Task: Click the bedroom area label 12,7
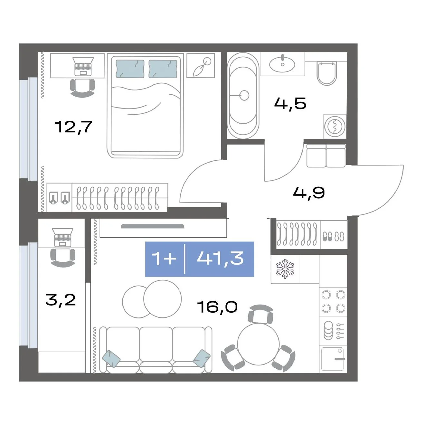(73, 127)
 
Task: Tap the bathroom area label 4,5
(290, 103)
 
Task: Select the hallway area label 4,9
(309, 193)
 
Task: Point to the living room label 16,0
(217, 307)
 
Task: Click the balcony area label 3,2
(61, 300)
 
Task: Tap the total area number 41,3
(220, 258)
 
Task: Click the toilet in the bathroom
(327, 73)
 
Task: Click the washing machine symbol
(335, 127)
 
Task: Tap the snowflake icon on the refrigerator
(285, 269)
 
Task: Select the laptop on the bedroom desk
(83, 66)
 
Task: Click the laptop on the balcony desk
(62, 237)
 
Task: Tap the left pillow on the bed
(130, 69)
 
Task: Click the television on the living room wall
(152, 226)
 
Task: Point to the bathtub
(243, 96)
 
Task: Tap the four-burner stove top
(333, 301)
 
